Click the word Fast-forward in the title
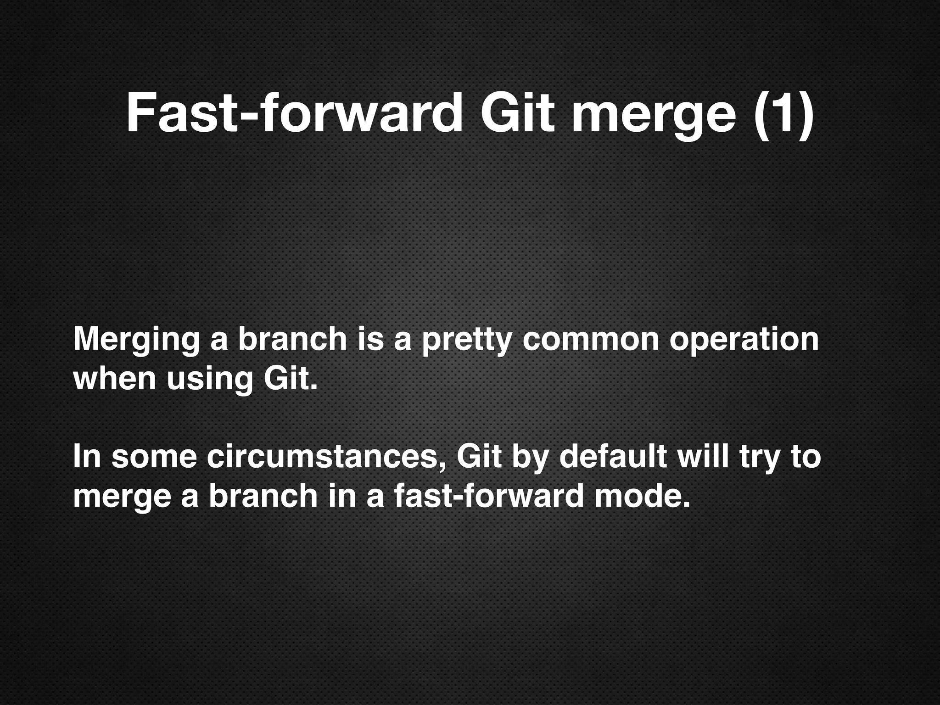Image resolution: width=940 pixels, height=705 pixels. (x=294, y=114)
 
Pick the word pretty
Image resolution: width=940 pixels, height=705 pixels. (x=466, y=341)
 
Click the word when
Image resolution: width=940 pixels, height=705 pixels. (x=114, y=379)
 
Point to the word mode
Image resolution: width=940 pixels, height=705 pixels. (x=642, y=497)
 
